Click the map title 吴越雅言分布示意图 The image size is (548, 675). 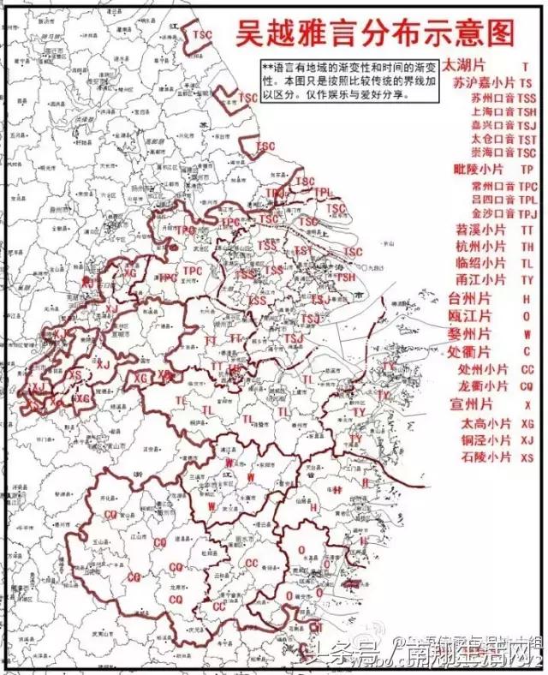pos(376,34)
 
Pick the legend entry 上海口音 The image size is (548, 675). pos(491,111)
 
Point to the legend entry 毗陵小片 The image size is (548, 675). pos(479,170)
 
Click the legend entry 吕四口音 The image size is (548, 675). pos(491,199)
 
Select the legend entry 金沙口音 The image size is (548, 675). pos(491,213)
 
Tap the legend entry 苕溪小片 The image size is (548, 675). pos(479,231)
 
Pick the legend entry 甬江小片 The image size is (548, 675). pos(479,279)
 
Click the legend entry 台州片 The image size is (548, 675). pos(469,298)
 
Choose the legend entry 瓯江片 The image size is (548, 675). pos(469,315)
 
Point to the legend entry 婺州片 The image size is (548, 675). pos(469,332)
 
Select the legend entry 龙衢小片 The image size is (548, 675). pos(479,385)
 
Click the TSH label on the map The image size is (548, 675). pos(345,277)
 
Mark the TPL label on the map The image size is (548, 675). pos(322,193)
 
